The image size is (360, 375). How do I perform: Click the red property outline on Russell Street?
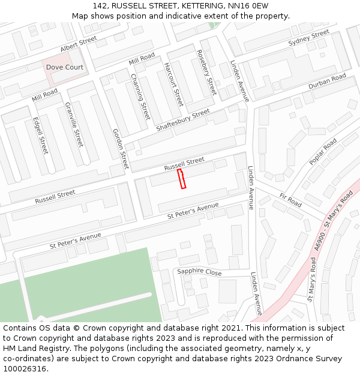coord(182,179)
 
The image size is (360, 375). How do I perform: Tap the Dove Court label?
coord(65,67)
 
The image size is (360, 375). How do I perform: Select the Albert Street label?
coord(78,44)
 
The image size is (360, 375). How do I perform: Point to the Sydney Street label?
coord(308,38)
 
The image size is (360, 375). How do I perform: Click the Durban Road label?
coord(327,82)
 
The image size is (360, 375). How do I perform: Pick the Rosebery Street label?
coord(206,72)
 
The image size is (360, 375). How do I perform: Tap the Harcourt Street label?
coord(173,85)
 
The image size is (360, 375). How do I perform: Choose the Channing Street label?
coord(140,96)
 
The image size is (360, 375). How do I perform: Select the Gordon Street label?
coord(121,148)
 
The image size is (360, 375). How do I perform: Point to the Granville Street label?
coord(74,125)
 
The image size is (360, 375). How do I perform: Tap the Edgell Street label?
coord(40,135)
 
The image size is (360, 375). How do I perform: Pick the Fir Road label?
coord(290,200)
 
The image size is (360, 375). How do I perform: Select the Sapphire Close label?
coord(199,272)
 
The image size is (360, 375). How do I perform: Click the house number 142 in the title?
coord(100,5)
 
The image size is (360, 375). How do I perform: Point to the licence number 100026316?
coord(25,368)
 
